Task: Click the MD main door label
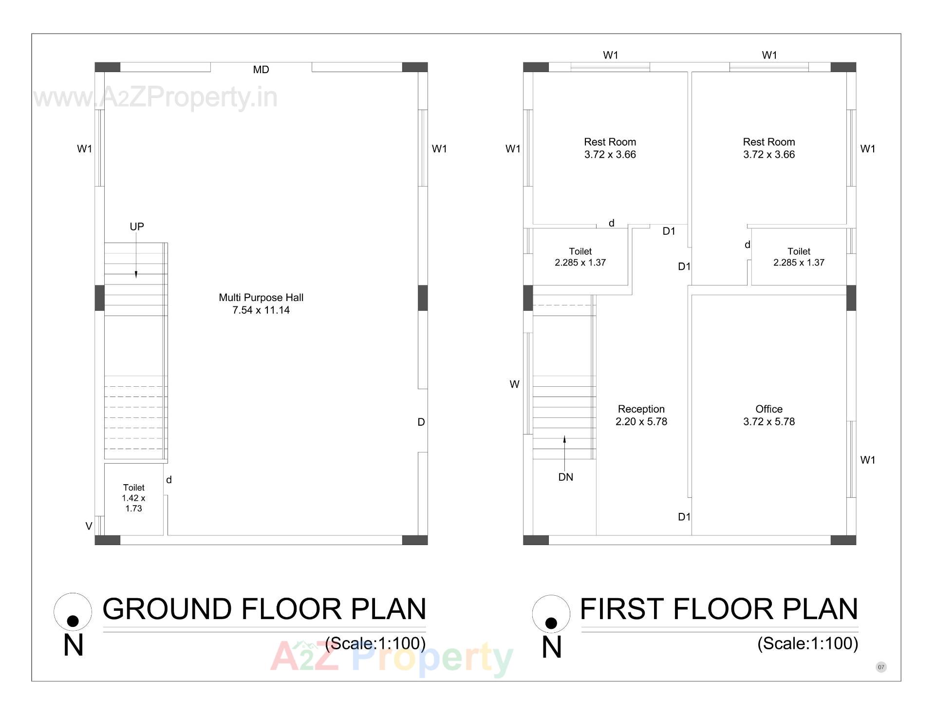(x=261, y=70)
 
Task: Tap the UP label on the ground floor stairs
(x=137, y=227)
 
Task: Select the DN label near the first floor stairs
(x=565, y=477)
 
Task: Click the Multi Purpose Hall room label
(x=261, y=303)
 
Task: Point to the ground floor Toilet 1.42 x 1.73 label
(x=133, y=498)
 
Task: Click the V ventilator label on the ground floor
(x=89, y=526)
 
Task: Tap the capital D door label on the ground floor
(x=421, y=422)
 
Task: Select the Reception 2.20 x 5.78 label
(x=641, y=416)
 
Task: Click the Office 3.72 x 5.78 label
(x=768, y=416)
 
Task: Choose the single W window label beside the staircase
(x=514, y=384)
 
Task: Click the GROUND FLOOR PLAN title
(x=264, y=609)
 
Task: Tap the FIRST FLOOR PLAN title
(x=719, y=609)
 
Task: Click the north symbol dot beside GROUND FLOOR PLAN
(x=73, y=621)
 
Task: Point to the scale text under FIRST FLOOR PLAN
(x=807, y=643)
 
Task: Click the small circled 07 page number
(x=881, y=667)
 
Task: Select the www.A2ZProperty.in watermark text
(x=156, y=97)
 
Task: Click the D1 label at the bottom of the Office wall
(x=684, y=517)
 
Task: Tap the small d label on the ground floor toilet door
(x=169, y=480)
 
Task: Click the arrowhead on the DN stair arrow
(x=564, y=439)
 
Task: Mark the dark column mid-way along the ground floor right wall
(x=423, y=298)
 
